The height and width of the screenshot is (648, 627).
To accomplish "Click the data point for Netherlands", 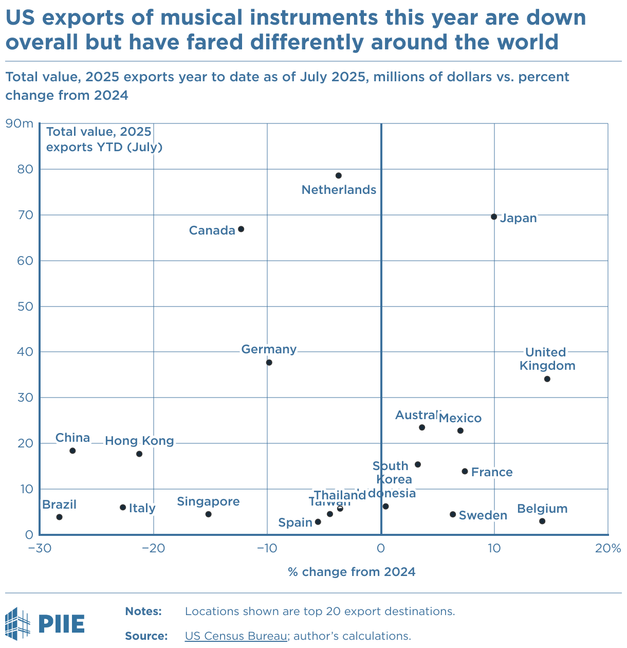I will tap(338, 176).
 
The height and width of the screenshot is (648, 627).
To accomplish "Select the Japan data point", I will tap(494, 217).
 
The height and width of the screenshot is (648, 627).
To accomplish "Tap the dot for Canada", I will tap(241, 229).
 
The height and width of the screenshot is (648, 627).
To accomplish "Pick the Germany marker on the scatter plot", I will tap(269, 363).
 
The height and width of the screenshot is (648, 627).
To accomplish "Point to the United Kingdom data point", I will tap(547, 379).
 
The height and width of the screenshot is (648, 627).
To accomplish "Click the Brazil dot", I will tap(59, 517).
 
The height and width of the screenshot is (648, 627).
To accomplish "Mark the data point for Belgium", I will tap(542, 521).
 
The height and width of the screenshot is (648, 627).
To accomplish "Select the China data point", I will tap(72, 451).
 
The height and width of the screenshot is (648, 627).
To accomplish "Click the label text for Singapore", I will tap(208, 501).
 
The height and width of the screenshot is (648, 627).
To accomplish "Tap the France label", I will tap(492, 472).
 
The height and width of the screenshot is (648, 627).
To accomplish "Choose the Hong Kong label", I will tap(139, 441).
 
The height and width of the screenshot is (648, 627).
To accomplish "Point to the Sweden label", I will tap(483, 515).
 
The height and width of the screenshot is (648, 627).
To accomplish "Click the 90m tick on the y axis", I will tap(19, 123).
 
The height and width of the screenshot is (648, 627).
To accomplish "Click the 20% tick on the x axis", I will tap(608, 548).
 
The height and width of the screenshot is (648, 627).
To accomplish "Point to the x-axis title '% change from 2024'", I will tap(352, 572).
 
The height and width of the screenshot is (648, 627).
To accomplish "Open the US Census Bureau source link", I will tap(236, 636).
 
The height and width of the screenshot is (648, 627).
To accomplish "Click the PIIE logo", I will tap(45, 623).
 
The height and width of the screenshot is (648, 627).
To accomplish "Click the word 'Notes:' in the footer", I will tap(143, 611).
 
